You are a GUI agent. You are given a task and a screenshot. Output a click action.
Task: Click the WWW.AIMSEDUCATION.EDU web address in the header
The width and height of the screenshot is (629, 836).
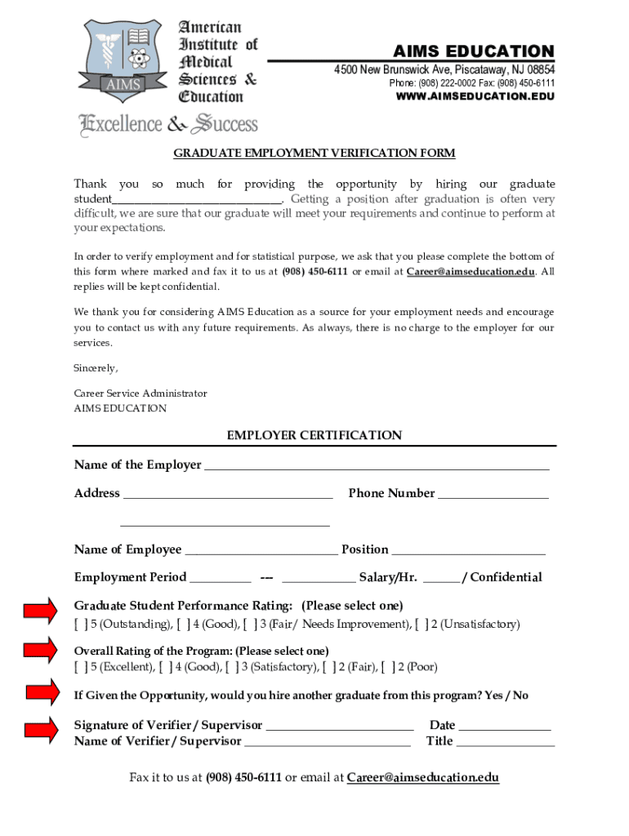click(x=475, y=96)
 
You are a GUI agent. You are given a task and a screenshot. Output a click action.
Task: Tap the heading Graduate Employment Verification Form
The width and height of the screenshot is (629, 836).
click(x=314, y=153)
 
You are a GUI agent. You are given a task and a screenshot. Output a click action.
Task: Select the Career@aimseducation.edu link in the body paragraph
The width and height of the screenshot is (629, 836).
click(x=471, y=272)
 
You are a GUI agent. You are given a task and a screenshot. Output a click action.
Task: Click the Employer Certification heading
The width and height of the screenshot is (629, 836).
click(x=314, y=436)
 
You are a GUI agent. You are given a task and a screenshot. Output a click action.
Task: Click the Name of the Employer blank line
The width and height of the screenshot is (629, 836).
click(x=376, y=466)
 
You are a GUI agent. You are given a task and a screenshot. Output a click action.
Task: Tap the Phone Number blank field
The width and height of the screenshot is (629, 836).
click(x=493, y=495)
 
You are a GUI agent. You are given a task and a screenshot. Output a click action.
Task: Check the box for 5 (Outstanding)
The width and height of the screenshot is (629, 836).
click(x=81, y=625)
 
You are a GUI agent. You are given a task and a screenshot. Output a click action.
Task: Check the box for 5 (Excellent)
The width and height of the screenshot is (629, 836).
click(x=81, y=668)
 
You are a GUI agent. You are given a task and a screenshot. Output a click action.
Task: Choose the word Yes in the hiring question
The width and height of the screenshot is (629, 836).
click(x=493, y=696)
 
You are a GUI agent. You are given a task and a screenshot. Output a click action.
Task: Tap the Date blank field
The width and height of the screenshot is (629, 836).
click(x=504, y=727)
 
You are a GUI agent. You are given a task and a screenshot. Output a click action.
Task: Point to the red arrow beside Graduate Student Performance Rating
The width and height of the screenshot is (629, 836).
click(x=40, y=609)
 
